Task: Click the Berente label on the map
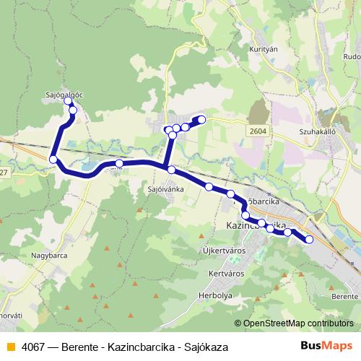click(x=344, y=297)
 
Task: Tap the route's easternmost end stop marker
click(x=310, y=239)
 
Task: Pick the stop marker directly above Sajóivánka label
click(x=171, y=170)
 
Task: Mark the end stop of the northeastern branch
click(x=202, y=119)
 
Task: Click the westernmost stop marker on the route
click(x=53, y=159)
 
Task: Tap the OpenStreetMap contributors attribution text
click(x=297, y=323)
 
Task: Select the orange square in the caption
click(x=10, y=347)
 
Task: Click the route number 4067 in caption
click(x=33, y=347)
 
